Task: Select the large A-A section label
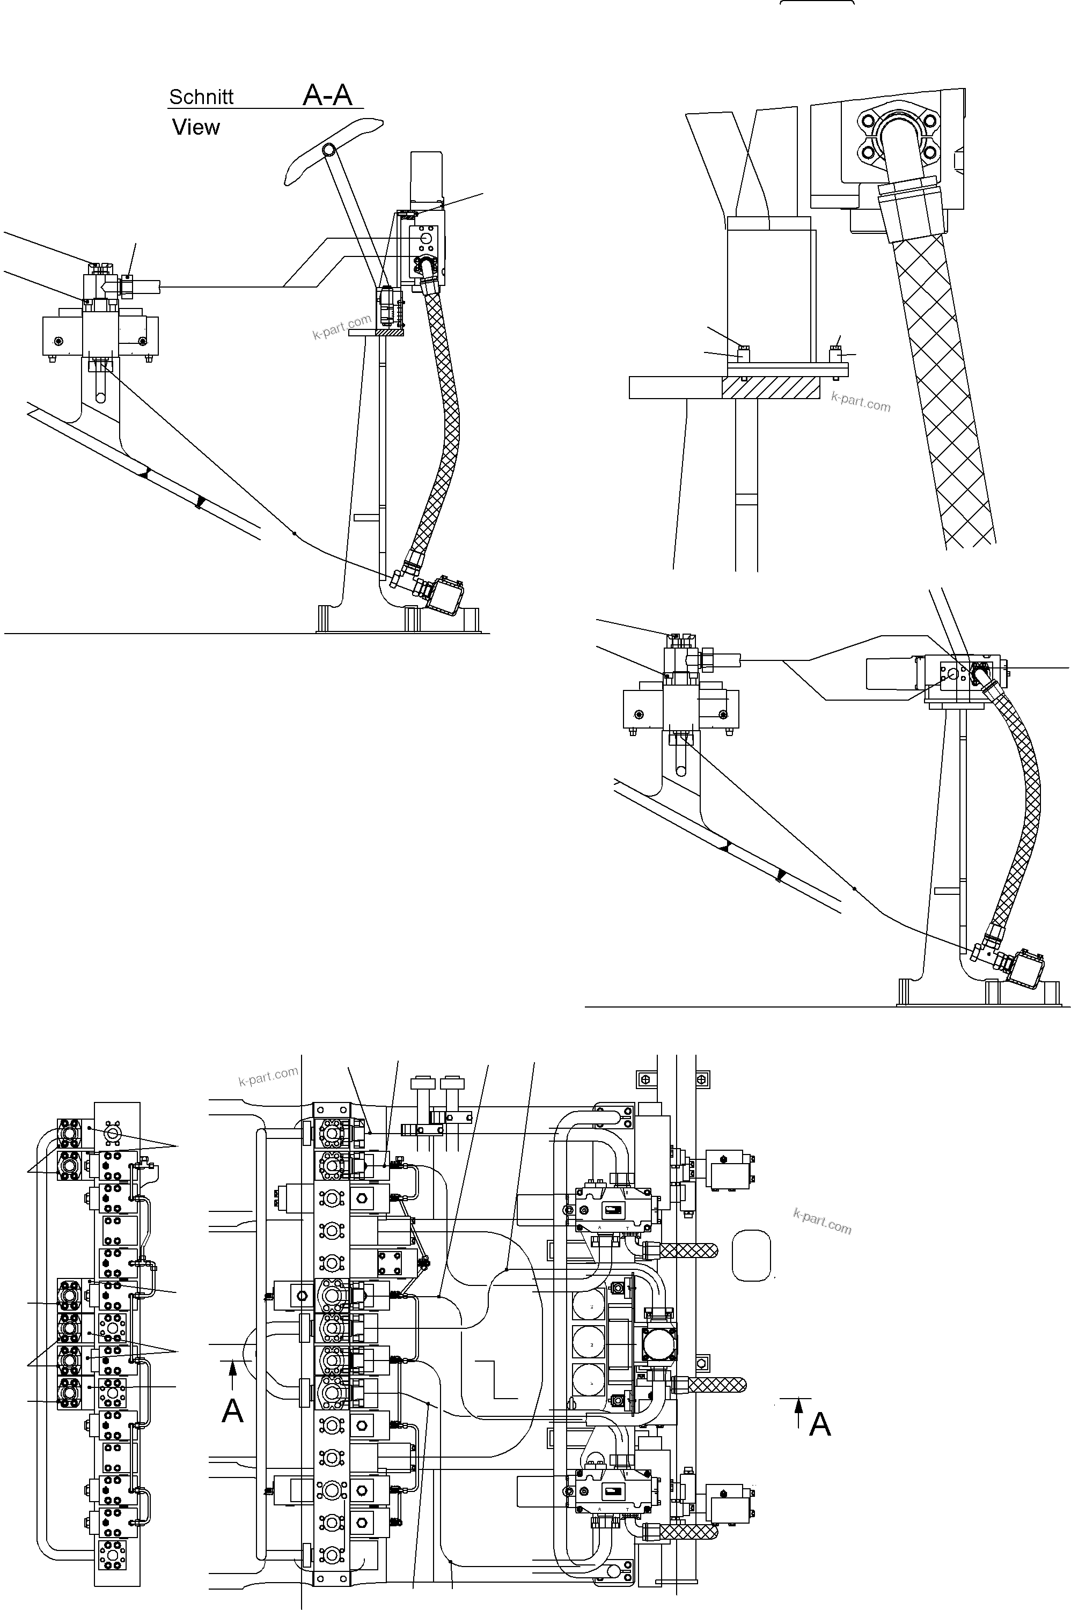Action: [x=327, y=95]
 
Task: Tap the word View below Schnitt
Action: [x=196, y=127]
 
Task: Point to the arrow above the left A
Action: [x=232, y=1374]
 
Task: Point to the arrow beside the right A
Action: [x=798, y=1411]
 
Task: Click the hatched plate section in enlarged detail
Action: [x=771, y=388]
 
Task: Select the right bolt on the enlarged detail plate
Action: [x=835, y=355]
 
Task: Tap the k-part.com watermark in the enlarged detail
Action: [x=861, y=403]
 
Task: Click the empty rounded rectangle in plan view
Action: [x=751, y=1255]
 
